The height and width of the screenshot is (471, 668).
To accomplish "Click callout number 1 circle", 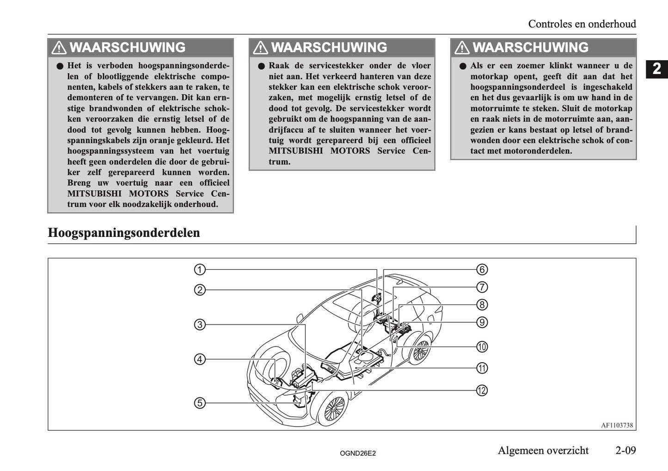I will click(200, 269).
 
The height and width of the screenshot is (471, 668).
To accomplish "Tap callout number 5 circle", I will click(200, 403).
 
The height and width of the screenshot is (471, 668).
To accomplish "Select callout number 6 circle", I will click(482, 269).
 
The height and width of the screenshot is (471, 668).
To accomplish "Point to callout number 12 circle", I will click(482, 390).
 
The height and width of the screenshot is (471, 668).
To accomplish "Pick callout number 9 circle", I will click(482, 322).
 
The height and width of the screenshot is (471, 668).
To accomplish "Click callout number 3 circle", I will click(200, 325).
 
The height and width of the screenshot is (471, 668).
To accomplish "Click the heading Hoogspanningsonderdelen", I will click(124, 233).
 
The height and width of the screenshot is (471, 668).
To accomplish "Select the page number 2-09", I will click(625, 450).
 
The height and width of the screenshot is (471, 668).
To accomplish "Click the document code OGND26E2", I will click(357, 454).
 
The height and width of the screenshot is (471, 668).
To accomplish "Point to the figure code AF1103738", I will click(617, 425).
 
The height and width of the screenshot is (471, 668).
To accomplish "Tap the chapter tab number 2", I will click(656, 69).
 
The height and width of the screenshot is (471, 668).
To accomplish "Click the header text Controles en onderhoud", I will click(582, 24).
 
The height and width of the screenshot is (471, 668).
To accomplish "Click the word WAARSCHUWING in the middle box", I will click(329, 48).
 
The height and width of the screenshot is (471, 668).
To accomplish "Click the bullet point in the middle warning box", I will click(261, 66).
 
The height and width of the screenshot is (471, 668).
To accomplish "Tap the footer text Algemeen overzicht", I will click(543, 450).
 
